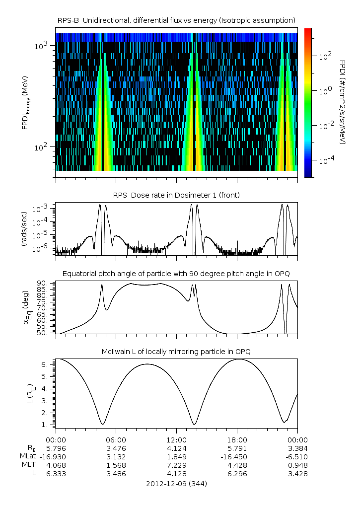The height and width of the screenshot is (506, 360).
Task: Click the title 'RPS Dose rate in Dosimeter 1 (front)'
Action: pyautogui.click(x=176, y=195)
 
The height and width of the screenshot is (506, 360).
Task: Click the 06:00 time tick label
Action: pyautogui.click(x=116, y=439)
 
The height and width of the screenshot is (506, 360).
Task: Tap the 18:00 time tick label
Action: pyautogui.click(x=237, y=439)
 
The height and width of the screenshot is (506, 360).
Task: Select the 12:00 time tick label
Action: pyautogui.click(x=176, y=439)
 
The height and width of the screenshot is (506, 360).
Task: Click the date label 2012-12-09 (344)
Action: pyautogui.click(x=176, y=483)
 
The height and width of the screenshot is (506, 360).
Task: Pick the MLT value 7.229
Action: pyautogui.click(x=176, y=465)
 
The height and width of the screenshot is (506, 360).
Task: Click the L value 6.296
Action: pyautogui.click(x=237, y=474)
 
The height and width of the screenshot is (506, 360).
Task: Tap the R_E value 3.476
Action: pyautogui.click(x=116, y=448)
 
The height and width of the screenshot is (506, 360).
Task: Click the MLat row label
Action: pyautogui.click(x=29, y=456)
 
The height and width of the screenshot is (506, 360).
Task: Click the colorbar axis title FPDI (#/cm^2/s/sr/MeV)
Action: pyautogui.click(x=343, y=102)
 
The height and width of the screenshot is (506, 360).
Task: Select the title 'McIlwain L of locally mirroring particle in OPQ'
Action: pyautogui.click(x=176, y=352)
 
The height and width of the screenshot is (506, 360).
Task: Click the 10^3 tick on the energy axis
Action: pyautogui.click(x=41, y=46)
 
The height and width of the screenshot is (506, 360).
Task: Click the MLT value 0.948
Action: pyautogui.click(x=297, y=465)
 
